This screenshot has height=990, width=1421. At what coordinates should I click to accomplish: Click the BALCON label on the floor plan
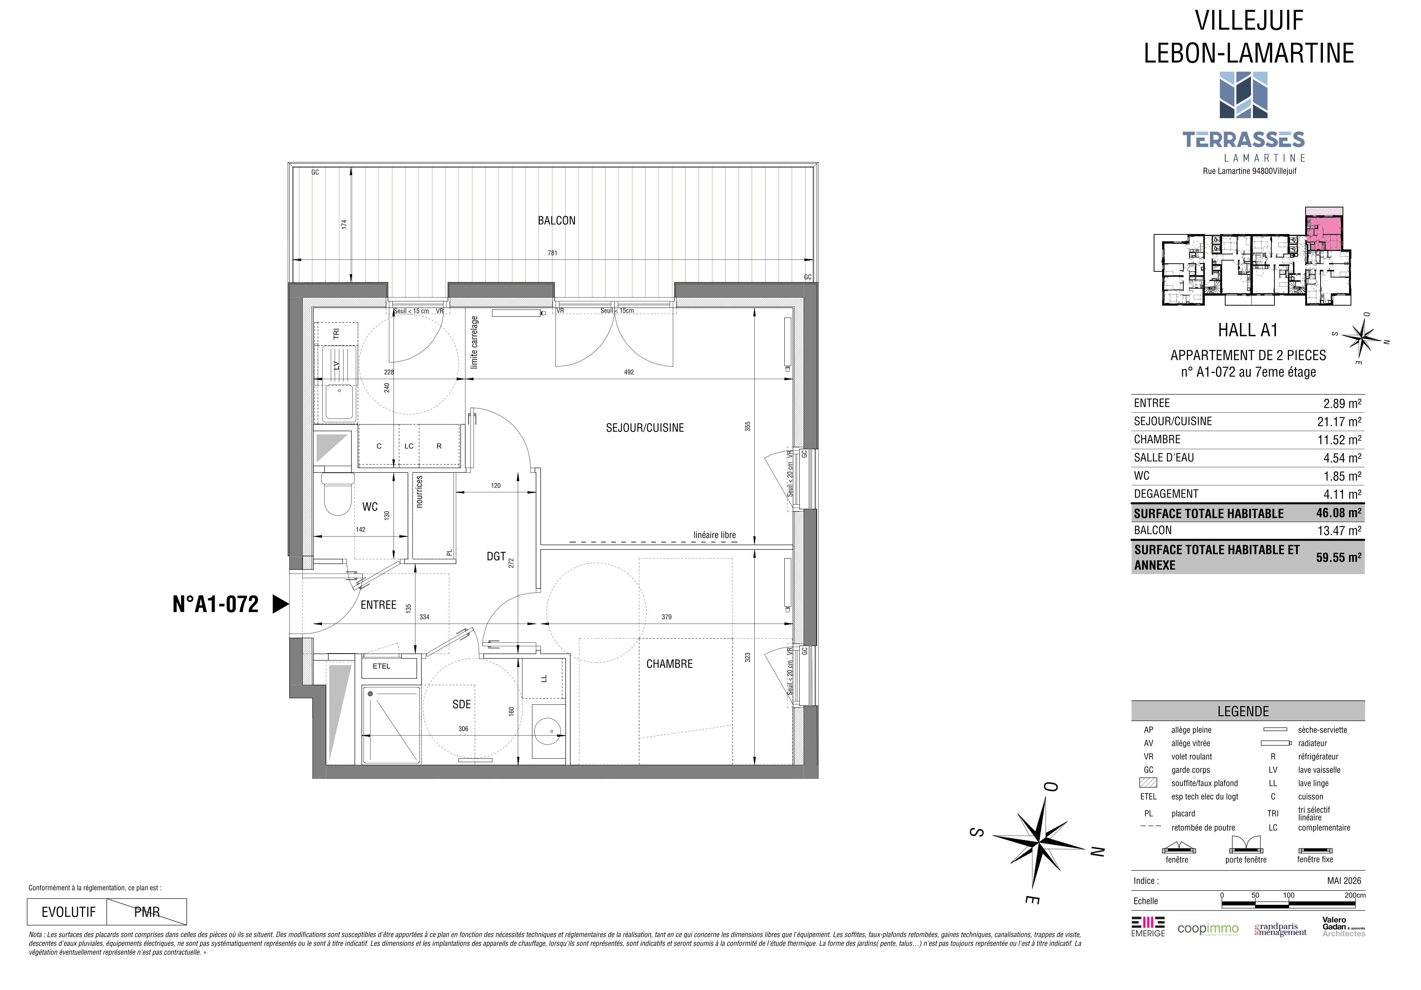[556, 221]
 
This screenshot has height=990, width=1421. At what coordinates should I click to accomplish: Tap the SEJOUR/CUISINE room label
[645, 428]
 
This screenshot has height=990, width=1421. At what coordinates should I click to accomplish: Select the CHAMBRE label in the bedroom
[670, 664]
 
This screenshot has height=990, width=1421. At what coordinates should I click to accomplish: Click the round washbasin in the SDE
[547, 731]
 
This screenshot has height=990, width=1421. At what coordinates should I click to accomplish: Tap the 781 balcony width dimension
[552, 253]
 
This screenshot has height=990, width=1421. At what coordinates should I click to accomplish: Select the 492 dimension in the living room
[629, 372]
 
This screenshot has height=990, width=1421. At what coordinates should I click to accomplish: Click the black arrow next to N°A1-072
[281, 604]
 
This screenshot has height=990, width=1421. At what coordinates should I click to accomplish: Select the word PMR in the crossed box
[147, 912]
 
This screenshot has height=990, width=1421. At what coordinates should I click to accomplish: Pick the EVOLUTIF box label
[69, 912]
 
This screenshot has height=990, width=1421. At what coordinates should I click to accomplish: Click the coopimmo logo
[1208, 929]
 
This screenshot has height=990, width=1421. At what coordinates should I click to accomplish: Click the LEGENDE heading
[1243, 711]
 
